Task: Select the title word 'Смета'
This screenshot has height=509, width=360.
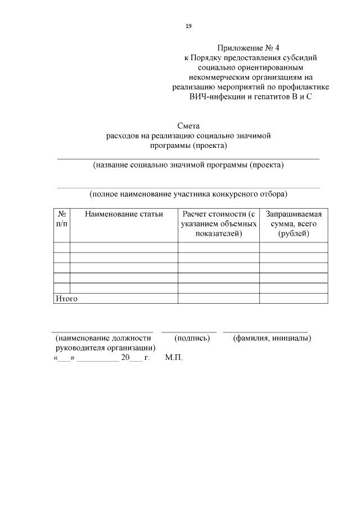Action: (x=188, y=127)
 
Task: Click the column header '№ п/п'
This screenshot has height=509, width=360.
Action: (x=62, y=219)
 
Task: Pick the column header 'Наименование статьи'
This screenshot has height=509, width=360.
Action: (x=124, y=214)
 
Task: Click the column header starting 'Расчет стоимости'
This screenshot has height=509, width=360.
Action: (x=218, y=223)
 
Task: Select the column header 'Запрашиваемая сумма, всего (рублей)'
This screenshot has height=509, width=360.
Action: (x=294, y=223)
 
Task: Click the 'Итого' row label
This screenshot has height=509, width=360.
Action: (x=66, y=299)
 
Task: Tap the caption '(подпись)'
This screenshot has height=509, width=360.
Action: (x=192, y=338)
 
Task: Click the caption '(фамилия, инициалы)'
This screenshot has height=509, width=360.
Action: (x=272, y=338)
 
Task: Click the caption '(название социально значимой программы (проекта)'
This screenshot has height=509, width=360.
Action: (x=188, y=165)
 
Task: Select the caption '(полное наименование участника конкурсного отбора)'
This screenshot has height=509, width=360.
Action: (x=188, y=194)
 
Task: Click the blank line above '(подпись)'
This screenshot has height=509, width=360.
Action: (x=189, y=331)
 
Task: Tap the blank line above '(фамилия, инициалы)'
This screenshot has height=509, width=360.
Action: (x=265, y=331)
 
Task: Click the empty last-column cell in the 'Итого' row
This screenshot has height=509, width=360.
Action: (x=294, y=299)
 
